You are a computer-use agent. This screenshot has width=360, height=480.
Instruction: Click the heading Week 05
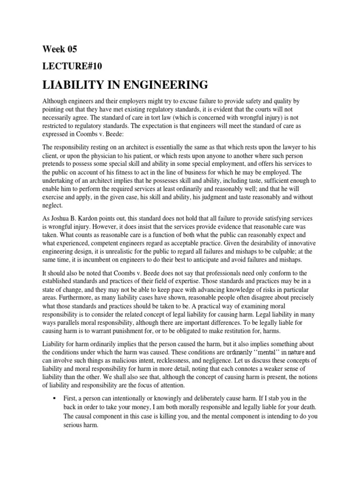[x=60, y=49]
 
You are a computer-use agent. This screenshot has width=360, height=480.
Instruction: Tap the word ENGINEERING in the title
[x=162, y=85]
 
